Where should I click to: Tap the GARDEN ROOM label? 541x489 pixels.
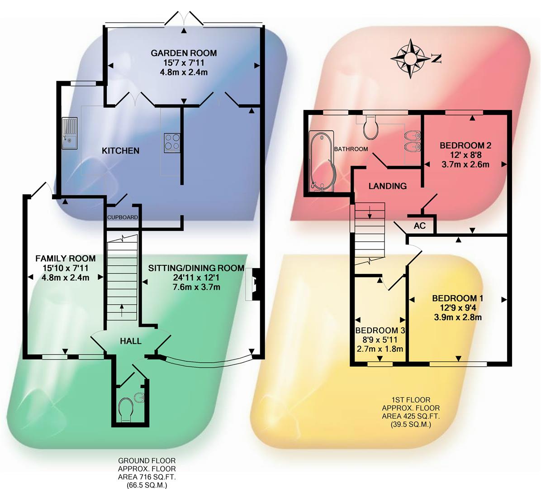coord(184,53)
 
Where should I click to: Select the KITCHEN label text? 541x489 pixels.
coord(120,150)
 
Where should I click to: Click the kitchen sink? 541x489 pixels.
coord(70,133)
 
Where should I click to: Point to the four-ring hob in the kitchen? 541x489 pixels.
coord(172,142)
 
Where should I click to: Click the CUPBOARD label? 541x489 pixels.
coord(123,217)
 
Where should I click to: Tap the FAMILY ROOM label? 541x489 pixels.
coord(66,259)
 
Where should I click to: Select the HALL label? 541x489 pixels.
coord(131,341)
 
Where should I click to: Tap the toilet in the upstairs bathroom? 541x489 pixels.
coord(371,127)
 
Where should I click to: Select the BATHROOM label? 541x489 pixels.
coord(351,149)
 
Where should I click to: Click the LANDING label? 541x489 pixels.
coord(387,186)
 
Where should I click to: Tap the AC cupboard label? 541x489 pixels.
coord(420,225)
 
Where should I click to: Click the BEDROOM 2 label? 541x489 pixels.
coord(465,145)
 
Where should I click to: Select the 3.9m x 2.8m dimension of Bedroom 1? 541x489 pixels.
coord(458,317)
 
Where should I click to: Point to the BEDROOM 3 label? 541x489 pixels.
coord(380,330)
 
